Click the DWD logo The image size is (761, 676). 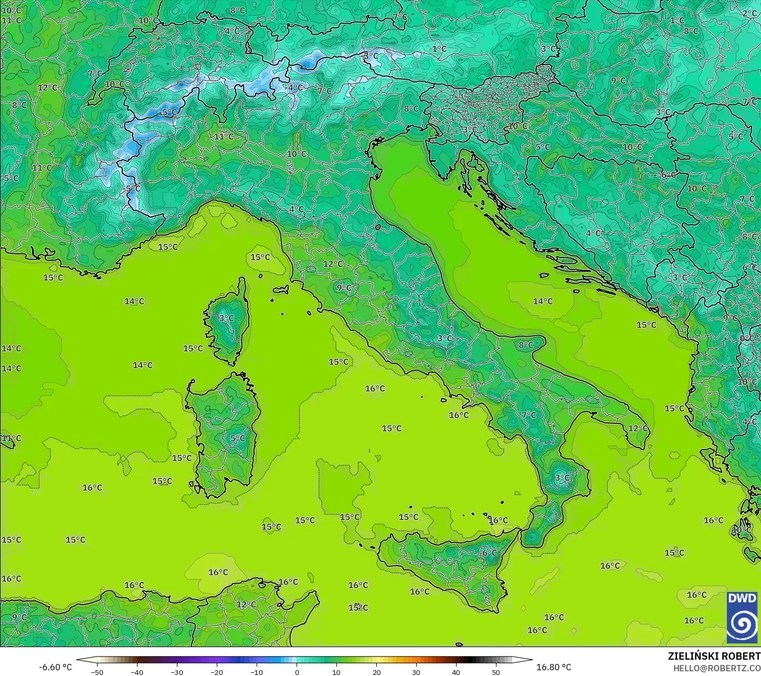point(742,617)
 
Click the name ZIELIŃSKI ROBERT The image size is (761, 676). point(714,657)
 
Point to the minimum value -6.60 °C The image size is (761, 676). point(55,667)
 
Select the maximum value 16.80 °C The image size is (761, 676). point(554,667)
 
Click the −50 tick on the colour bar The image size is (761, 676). point(97,672)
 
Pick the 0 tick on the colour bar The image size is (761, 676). point(297,672)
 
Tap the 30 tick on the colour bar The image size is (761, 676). point(416,672)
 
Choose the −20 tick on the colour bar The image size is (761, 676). point(217,672)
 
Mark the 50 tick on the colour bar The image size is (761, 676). point(496,672)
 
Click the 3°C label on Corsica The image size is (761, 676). point(226,318)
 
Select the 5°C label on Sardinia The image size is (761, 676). point(237,438)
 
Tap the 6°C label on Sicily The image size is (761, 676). point(489,553)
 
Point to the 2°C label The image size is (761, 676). point(749,13)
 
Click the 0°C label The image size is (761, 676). point(747,338)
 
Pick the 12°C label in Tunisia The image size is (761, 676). point(246,605)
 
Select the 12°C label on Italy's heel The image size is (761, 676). point(638,428)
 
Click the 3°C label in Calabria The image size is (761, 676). point(562,477)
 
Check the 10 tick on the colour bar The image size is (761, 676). point(336,672)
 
